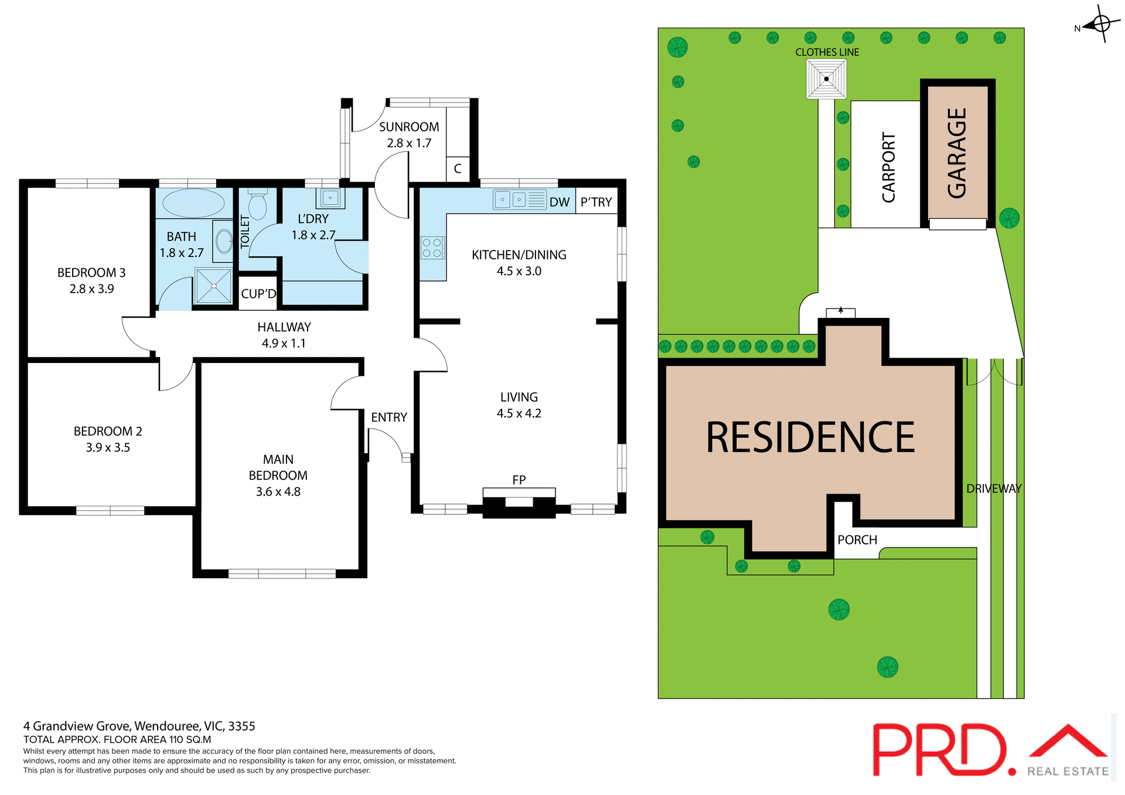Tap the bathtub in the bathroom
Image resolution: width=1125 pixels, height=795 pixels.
click(193, 204)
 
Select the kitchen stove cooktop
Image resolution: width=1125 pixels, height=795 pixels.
click(432, 248)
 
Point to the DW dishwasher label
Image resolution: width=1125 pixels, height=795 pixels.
click(559, 203)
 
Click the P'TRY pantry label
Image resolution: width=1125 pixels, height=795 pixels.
click(596, 203)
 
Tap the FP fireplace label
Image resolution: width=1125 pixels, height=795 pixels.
click(519, 480)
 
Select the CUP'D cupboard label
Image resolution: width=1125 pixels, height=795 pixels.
click(258, 294)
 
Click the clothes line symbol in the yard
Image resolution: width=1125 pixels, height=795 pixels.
click(826, 79)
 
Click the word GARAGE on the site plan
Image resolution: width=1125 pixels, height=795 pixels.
click(957, 153)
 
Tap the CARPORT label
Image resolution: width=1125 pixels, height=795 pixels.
click(888, 167)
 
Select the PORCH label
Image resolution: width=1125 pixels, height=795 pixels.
click(857, 540)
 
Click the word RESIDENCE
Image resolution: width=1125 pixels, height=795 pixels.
click(810, 438)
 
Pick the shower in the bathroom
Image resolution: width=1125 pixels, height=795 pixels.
click(213, 286)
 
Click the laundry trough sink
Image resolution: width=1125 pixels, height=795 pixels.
click(330, 198)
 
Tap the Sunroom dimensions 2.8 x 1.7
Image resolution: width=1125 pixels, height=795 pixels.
click(409, 143)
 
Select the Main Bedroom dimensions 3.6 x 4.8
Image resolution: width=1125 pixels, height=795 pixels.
click(278, 492)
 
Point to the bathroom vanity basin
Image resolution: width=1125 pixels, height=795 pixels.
click(224, 240)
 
